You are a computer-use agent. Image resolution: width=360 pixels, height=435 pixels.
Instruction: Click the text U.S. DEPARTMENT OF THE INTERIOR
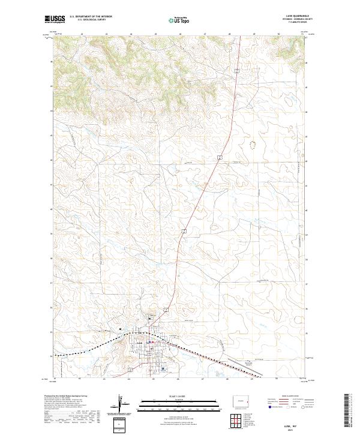[91, 17]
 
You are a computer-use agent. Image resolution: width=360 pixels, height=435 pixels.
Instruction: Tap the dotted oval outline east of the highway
[253, 144]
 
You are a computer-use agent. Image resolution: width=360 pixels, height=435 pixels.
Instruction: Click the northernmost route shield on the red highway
[237, 71]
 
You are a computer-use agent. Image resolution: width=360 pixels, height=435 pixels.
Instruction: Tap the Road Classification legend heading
[287, 397]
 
